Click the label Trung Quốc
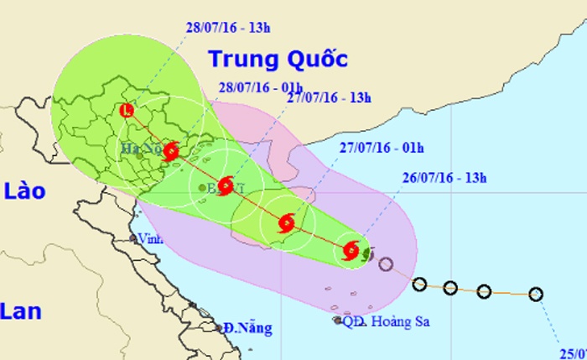coord(276,59)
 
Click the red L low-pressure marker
coord(126,109)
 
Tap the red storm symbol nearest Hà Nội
coord(171,152)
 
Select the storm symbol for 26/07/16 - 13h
coord(351,250)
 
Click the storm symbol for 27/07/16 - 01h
coord(286,222)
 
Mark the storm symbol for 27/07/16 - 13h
coord(225,185)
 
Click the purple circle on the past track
coord(386,265)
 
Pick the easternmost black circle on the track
coord(536,294)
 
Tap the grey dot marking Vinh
coord(134,238)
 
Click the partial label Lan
coord(21,312)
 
